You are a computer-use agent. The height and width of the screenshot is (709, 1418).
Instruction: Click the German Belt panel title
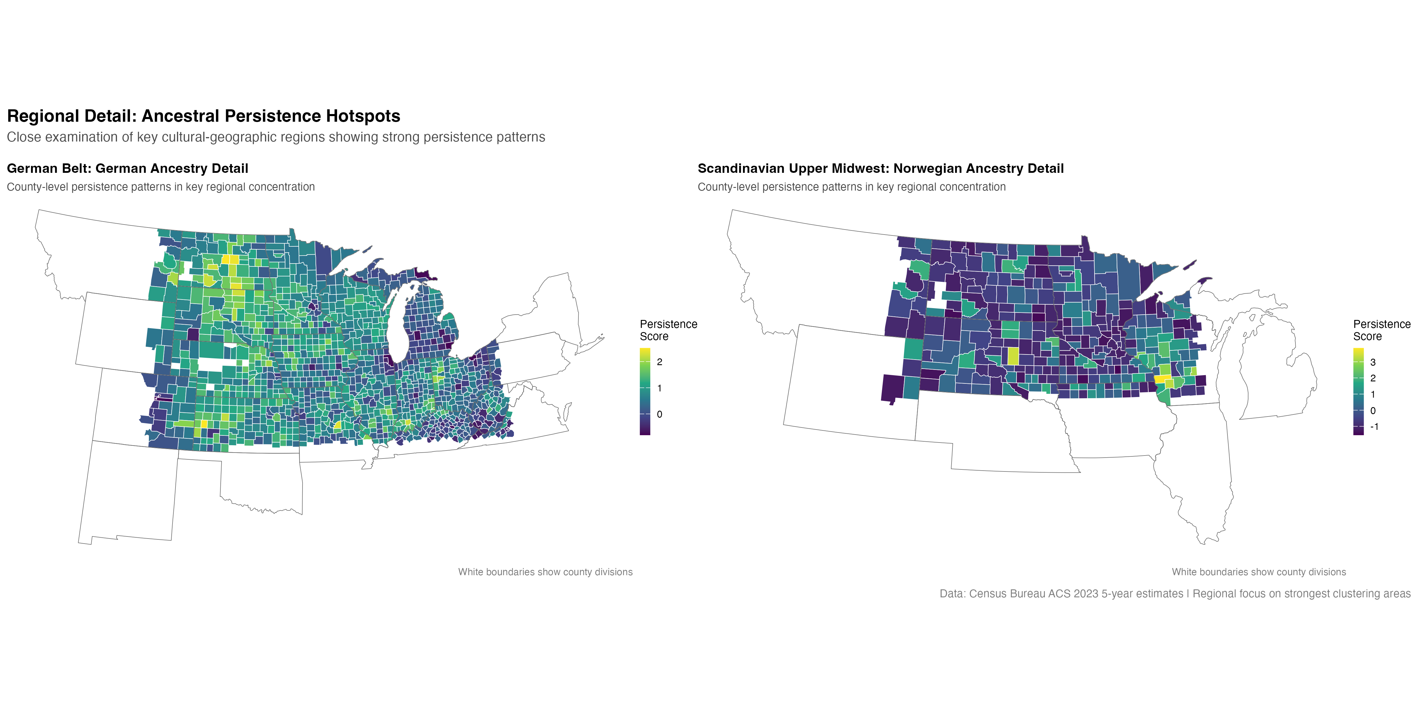click(x=127, y=168)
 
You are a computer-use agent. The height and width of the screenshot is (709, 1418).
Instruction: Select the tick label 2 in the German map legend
click(x=659, y=362)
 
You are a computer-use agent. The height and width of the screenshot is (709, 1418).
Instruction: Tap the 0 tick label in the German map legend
click(x=659, y=414)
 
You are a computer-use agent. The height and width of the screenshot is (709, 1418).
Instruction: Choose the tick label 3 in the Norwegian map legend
click(x=1373, y=362)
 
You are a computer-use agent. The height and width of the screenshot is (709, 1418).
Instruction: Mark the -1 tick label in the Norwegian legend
click(x=1374, y=427)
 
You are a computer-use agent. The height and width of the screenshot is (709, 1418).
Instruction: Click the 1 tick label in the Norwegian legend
click(x=1373, y=394)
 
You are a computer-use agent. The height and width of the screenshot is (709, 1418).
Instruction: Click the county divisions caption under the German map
click(x=545, y=572)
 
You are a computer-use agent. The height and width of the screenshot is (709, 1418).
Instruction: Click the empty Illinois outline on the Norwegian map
click(x=1194, y=468)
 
